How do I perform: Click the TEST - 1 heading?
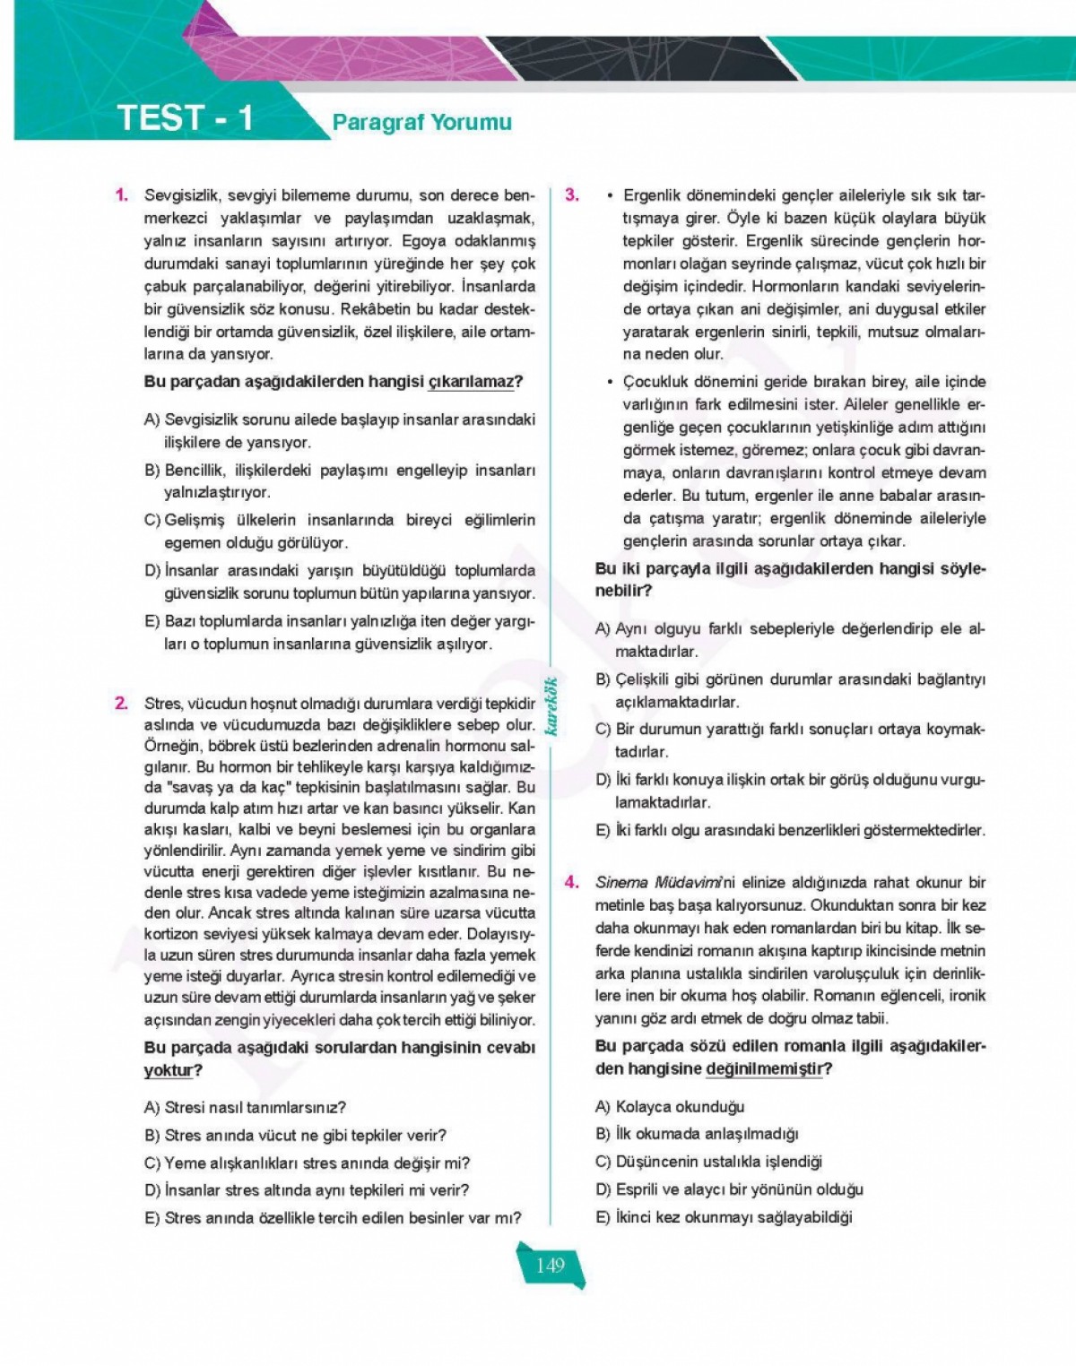tap(186, 118)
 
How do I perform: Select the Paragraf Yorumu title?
tap(421, 122)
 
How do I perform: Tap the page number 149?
tap(550, 1265)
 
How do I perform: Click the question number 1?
tap(121, 195)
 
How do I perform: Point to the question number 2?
tap(121, 704)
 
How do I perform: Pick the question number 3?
tap(571, 195)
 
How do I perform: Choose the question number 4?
tap(571, 882)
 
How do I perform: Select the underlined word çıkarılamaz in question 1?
tap(473, 382)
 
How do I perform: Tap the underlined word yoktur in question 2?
tap(168, 1070)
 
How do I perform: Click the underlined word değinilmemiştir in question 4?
tap(763, 1068)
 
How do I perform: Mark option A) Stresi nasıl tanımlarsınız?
tap(245, 1108)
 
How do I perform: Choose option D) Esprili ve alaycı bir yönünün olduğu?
tap(729, 1189)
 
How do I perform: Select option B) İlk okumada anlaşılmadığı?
tap(697, 1134)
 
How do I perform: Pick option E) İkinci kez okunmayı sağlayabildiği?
tap(724, 1217)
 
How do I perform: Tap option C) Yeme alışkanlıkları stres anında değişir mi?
tap(307, 1163)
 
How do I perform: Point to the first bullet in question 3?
tap(610, 195)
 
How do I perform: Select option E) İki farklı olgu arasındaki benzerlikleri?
tap(790, 830)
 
